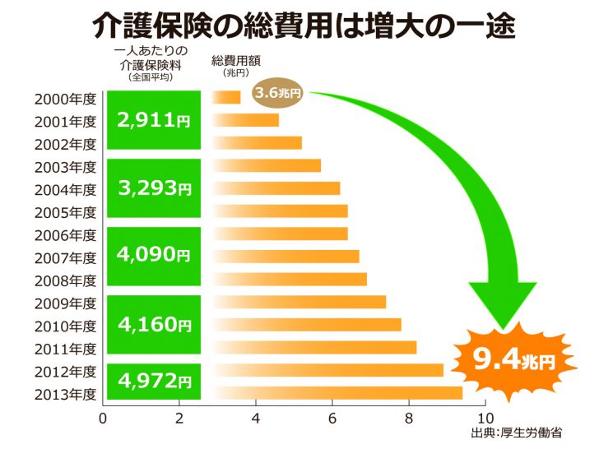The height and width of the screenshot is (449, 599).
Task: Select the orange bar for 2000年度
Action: pos(226,98)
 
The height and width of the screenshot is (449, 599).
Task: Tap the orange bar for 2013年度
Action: pos(337,392)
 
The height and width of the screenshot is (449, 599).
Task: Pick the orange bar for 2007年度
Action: pos(286,257)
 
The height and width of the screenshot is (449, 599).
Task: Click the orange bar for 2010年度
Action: pos(307,325)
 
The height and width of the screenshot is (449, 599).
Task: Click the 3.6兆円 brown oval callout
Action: pos(279,93)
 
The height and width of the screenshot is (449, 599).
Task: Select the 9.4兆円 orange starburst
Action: pos(513,360)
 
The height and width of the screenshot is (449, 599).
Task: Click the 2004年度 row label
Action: pos(66,189)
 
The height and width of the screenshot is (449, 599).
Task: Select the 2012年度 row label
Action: pos(66,370)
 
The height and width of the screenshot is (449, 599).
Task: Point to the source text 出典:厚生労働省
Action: pos(521,433)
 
